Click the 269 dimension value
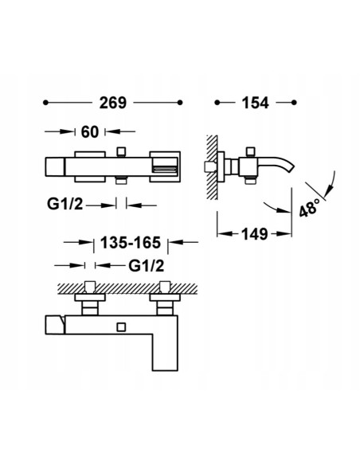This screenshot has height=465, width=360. [x=112, y=103]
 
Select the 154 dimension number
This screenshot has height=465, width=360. [x=256, y=103]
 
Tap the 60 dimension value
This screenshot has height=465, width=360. [x=89, y=131]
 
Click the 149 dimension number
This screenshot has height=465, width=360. [x=255, y=234]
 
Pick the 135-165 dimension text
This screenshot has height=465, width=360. [x=131, y=243]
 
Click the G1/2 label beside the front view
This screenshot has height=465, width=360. [x=65, y=204]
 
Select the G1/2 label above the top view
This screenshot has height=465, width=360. [x=147, y=266]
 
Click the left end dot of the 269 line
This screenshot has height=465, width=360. [x=45, y=103]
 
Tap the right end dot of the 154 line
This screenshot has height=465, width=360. [x=294, y=103]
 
